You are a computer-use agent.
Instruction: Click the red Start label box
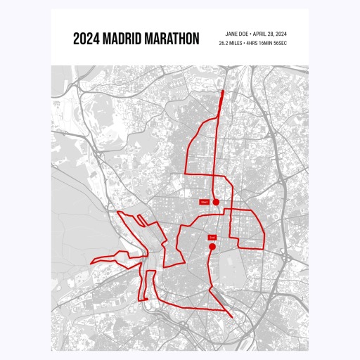(x=205, y=202)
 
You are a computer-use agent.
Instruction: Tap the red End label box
(x=212, y=238)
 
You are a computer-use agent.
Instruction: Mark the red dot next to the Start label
(x=217, y=202)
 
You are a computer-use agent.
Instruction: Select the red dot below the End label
(x=212, y=247)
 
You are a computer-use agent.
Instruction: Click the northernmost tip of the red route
(x=224, y=91)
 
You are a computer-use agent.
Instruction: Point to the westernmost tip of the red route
(x=91, y=263)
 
